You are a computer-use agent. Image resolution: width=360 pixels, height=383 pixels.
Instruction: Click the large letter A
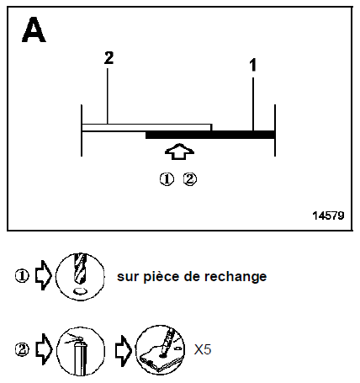pyautogui.click(x=34, y=29)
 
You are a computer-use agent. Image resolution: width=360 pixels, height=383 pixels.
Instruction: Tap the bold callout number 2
pyautogui.click(x=109, y=58)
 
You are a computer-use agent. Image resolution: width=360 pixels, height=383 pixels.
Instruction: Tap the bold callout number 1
pyautogui.click(x=253, y=65)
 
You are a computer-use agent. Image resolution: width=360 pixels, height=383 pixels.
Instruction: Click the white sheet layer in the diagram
pyautogui.click(x=146, y=127)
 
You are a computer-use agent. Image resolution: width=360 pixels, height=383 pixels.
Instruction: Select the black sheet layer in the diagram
pyautogui.click(x=210, y=135)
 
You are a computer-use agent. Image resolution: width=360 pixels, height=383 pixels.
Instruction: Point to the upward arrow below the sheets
pyautogui.click(x=179, y=152)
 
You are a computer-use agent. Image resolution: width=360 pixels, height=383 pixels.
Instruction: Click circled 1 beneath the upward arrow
pyautogui.click(x=167, y=179)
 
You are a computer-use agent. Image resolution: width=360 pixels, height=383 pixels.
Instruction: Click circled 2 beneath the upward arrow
pyautogui.click(x=190, y=179)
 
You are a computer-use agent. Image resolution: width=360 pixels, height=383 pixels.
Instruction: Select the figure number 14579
pyautogui.click(x=328, y=215)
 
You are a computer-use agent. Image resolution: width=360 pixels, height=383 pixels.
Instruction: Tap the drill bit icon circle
pyautogui.click(x=80, y=277)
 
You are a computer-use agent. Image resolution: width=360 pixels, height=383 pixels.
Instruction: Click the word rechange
pyautogui.click(x=236, y=277)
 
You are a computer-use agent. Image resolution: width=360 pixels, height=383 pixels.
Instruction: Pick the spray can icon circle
pyautogui.click(x=81, y=350)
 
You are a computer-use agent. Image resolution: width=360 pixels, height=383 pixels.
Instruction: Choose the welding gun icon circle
pyautogui.click(x=160, y=349)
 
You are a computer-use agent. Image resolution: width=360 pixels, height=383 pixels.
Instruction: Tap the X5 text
pyautogui.click(x=203, y=349)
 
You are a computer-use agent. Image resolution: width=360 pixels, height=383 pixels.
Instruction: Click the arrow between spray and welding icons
pyautogui.click(x=124, y=350)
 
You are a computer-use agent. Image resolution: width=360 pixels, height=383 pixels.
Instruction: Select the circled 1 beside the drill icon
pyautogui.click(x=22, y=276)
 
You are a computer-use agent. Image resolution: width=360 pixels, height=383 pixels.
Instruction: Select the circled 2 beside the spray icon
pyautogui.click(x=22, y=349)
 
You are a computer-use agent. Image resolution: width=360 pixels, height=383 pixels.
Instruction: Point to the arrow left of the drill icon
pyautogui.click(x=44, y=275)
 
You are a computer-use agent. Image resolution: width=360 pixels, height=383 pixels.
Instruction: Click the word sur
pyautogui.click(x=128, y=277)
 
